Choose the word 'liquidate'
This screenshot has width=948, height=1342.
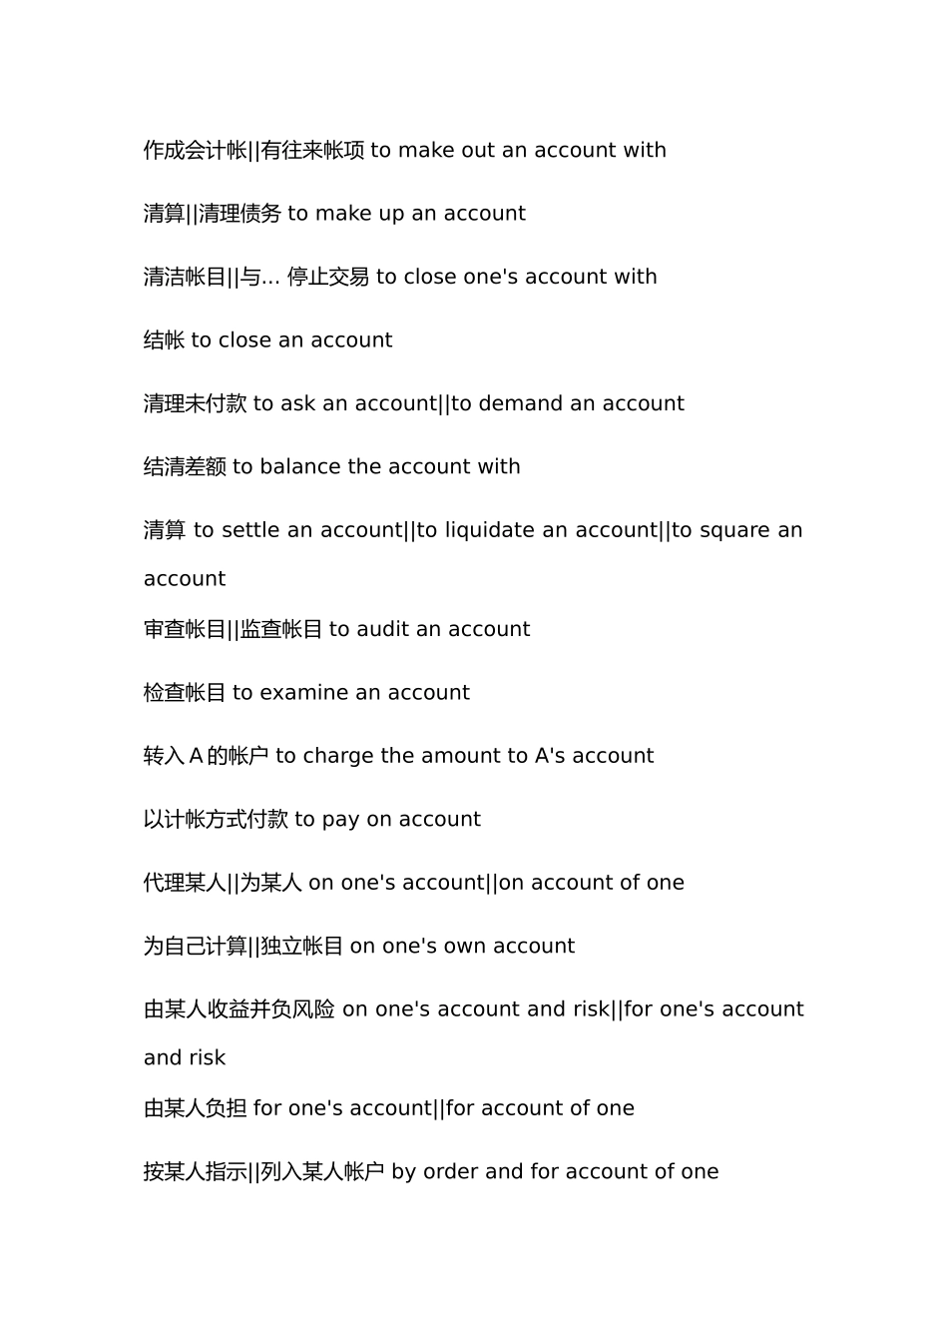(x=490, y=530)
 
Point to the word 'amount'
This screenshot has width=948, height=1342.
(x=461, y=757)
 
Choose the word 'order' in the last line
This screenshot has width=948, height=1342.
(x=451, y=1172)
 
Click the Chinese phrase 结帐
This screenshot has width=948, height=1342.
(x=165, y=340)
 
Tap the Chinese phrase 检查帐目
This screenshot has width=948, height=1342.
(x=185, y=693)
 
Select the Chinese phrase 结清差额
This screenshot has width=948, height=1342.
(x=185, y=467)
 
